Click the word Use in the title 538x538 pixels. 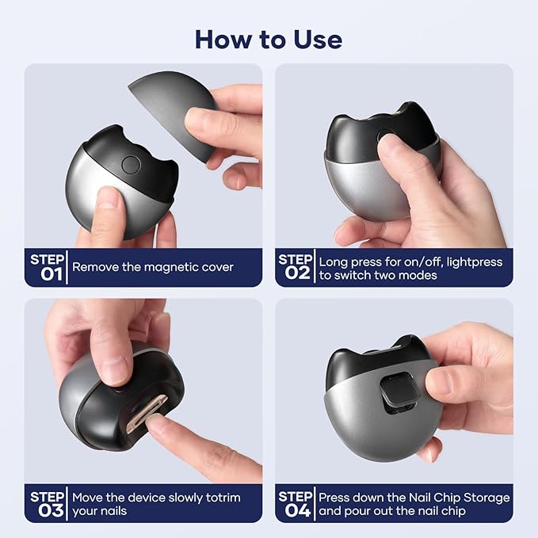pyautogui.click(x=318, y=40)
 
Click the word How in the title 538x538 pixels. pyautogui.click(x=223, y=40)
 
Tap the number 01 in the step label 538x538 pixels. pyautogui.click(x=52, y=274)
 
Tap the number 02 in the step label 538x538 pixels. pyautogui.click(x=298, y=273)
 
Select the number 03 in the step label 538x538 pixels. pyautogui.click(x=52, y=510)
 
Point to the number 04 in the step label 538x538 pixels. pyautogui.click(x=298, y=510)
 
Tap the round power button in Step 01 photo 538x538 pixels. pyautogui.click(x=131, y=165)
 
